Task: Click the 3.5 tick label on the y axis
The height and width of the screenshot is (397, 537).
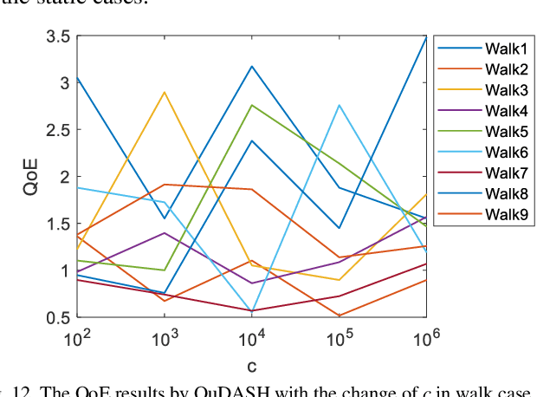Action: click(x=58, y=36)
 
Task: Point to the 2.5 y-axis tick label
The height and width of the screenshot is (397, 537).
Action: click(x=58, y=130)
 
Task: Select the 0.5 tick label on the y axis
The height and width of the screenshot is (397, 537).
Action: click(x=58, y=317)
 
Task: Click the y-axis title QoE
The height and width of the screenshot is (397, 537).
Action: click(x=28, y=177)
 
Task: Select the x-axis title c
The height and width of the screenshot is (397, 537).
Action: click(x=251, y=366)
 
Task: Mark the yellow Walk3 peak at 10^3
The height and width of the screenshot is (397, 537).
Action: click(x=165, y=92)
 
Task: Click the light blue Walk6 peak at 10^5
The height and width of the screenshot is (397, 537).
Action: click(x=339, y=105)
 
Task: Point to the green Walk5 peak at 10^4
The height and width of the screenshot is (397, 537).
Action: click(x=251, y=105)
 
